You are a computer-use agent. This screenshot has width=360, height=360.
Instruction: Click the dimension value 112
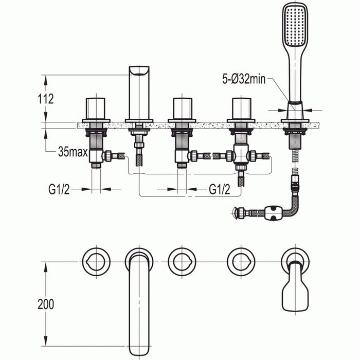pyautogui.click(x=45, y=99)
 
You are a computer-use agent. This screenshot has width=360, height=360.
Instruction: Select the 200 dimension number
pyautogui.click(x=45, y=304)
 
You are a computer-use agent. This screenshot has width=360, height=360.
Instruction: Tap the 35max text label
pyautogui.click(x=73, y=152)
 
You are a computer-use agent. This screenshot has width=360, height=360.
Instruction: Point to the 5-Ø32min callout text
pyautogui.click(x=244, y=79)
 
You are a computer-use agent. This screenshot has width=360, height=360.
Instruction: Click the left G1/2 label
pyautogui.click(x=59, y=189)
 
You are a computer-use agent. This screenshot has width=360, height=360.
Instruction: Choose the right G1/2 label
pyautogui.click(x=219, y=189)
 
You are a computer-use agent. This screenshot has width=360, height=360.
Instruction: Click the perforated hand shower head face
pyautogui.click(x=295, y=25)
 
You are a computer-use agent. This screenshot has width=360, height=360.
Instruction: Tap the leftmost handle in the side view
pyautogui.click(x=96, y=107)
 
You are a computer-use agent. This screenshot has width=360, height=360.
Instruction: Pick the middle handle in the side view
pyautogui.click(x=182, y=107)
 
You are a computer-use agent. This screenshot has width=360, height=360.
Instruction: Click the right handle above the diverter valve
pyautogui.click(x=241, y=107)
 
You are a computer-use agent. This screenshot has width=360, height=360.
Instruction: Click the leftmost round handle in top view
pyautogui.click(x=96, y=261)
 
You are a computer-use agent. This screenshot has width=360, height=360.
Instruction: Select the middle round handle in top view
pyautogui.click(x=182, y=261)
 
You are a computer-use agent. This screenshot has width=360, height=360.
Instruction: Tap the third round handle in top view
pyautogui.click(x=241, y=261)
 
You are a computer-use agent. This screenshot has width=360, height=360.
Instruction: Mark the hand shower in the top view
pyautogui.click(x=295, y=293)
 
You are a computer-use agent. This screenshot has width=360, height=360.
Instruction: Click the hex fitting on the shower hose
pyautogui.click(x=274, y=212)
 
